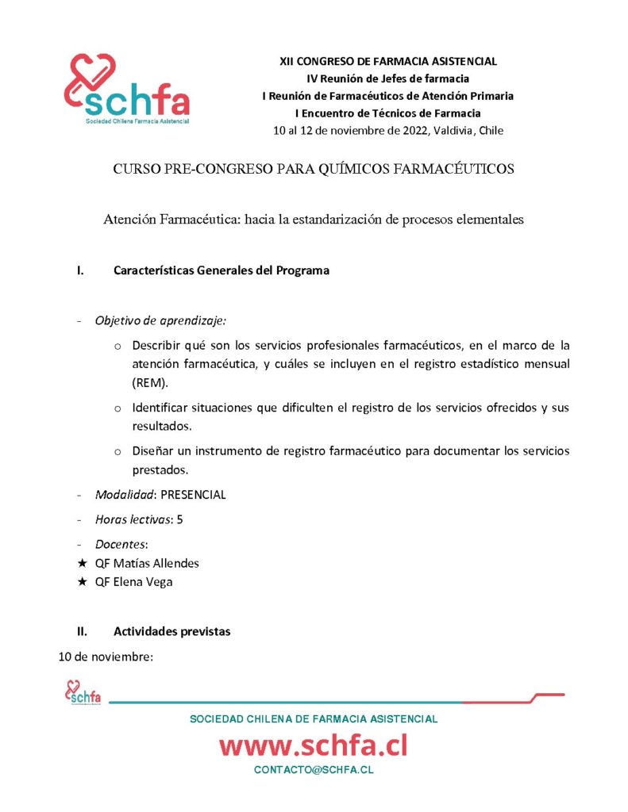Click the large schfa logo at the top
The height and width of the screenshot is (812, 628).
coord(126,90)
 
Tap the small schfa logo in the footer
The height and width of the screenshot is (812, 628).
coord(83,693)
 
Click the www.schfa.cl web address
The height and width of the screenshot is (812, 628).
coord(313,745)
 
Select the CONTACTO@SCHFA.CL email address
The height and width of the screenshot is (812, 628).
coord(314,770)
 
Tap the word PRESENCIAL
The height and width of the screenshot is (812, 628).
coord(193,495)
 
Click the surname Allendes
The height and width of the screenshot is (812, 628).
coord(174,563)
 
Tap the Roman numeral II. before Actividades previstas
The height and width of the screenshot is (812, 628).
coord(81,632)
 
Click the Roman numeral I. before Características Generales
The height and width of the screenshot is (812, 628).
coord(80,270)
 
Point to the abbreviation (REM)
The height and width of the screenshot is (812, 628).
coord(148,381)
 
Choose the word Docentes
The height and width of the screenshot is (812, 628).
coord(120,546)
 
